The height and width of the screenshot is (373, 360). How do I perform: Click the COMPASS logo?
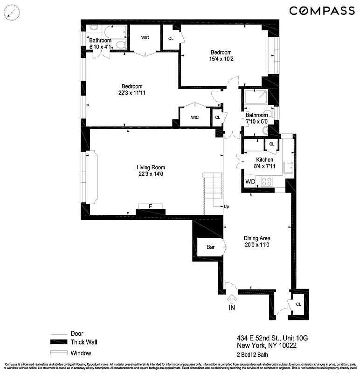pyautogui.click(x=321, y=10)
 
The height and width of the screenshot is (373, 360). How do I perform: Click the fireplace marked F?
pyautogui.click(x=150, y=207)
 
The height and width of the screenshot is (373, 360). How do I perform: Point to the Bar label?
pyautogui.click(x=210, y=247)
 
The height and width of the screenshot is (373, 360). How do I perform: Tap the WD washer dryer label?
pyautogui.click(x=250, y=181)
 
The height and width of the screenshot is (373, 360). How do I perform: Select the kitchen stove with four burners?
pyautogui.click(x=267, y=181)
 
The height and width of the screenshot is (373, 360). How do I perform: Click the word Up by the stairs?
pyautogui.click(x=226, y=207)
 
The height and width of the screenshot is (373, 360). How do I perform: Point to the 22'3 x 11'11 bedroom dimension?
pyautogui.click(x=132, y=93)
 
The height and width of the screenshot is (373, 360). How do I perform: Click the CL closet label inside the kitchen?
pyautogui.click(x=271, y=145)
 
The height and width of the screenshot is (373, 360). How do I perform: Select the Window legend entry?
pyautogui.click(x=81, y=352)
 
